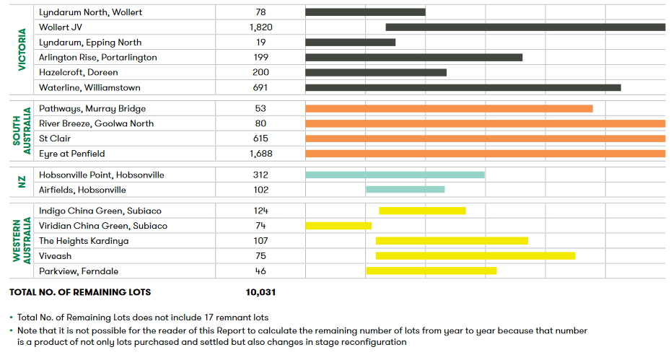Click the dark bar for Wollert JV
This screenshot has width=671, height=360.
point(525,27)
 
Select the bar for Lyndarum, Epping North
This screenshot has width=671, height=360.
point(350,43)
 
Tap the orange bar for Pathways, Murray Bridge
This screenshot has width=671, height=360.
point(449,109)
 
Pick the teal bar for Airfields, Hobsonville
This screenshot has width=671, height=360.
point(405,190)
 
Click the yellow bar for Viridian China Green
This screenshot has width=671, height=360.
point(338,226)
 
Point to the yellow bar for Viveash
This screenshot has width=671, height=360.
point(475,256)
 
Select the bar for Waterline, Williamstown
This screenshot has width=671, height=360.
point(462,88)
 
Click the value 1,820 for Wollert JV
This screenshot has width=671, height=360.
point(260,27)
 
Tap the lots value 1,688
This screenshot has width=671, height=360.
point(260,154)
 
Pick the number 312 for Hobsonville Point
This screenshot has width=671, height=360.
point(260,175)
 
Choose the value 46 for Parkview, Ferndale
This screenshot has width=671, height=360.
point(260,271)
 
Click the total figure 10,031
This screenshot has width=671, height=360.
point(260,292)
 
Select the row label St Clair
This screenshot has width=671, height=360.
point(55,139)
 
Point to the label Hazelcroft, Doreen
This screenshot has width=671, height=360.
point(79,73)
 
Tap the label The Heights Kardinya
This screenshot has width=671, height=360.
point(84,241)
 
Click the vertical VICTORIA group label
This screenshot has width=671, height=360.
point(22,50)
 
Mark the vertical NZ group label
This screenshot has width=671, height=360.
point(22,183)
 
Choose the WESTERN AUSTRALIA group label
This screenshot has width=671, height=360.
point(22,241)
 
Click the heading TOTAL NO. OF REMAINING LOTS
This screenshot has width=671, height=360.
point(80,292)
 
